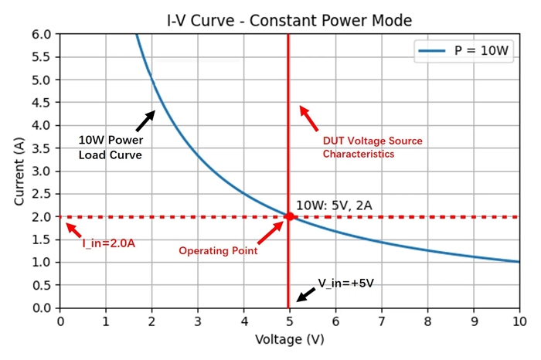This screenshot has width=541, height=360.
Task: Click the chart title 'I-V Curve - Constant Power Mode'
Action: click(x=289, y=19)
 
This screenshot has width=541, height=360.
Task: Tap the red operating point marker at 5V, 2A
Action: click(x=289, y=217)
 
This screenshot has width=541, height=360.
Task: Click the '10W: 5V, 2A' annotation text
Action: click(x=334, y=206)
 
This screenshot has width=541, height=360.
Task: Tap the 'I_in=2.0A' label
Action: click(x=109, y=243)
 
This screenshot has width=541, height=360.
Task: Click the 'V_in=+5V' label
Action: click(x=345, y=284)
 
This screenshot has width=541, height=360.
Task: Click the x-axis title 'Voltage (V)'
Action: click(x=289, y=339)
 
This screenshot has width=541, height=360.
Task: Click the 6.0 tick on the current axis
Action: click(x=39, y=35)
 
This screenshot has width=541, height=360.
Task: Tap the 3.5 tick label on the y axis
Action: click(x=39, y=148)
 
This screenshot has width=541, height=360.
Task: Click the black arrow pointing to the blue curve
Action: click(x=145, y=121)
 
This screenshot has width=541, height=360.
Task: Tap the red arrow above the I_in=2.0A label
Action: click(x=73, y=230)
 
